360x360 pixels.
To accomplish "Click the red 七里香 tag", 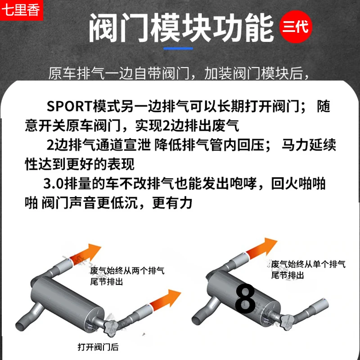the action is click(x=21, y=10).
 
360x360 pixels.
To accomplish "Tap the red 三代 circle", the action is click(x=296, y=27).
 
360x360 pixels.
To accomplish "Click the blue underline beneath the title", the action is click(x=178, y=49).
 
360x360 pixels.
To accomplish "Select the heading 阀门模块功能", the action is click(x=181, y=28).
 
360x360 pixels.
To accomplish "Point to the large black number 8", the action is click(x=245, y=299).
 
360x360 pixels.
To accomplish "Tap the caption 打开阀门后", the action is click(x=98, y=347).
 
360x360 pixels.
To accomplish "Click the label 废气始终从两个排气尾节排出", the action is click(x=127, y=276).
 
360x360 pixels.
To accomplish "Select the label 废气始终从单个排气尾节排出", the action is click(x=308, y=269).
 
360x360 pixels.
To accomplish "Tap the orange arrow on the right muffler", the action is click(x=261, y=248).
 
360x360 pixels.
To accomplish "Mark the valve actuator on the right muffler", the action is click(x=288, y=321).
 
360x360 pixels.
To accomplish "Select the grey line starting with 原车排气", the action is click(x=179, y=73).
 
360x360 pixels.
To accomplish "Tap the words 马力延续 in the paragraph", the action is click(x=309, y=145).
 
